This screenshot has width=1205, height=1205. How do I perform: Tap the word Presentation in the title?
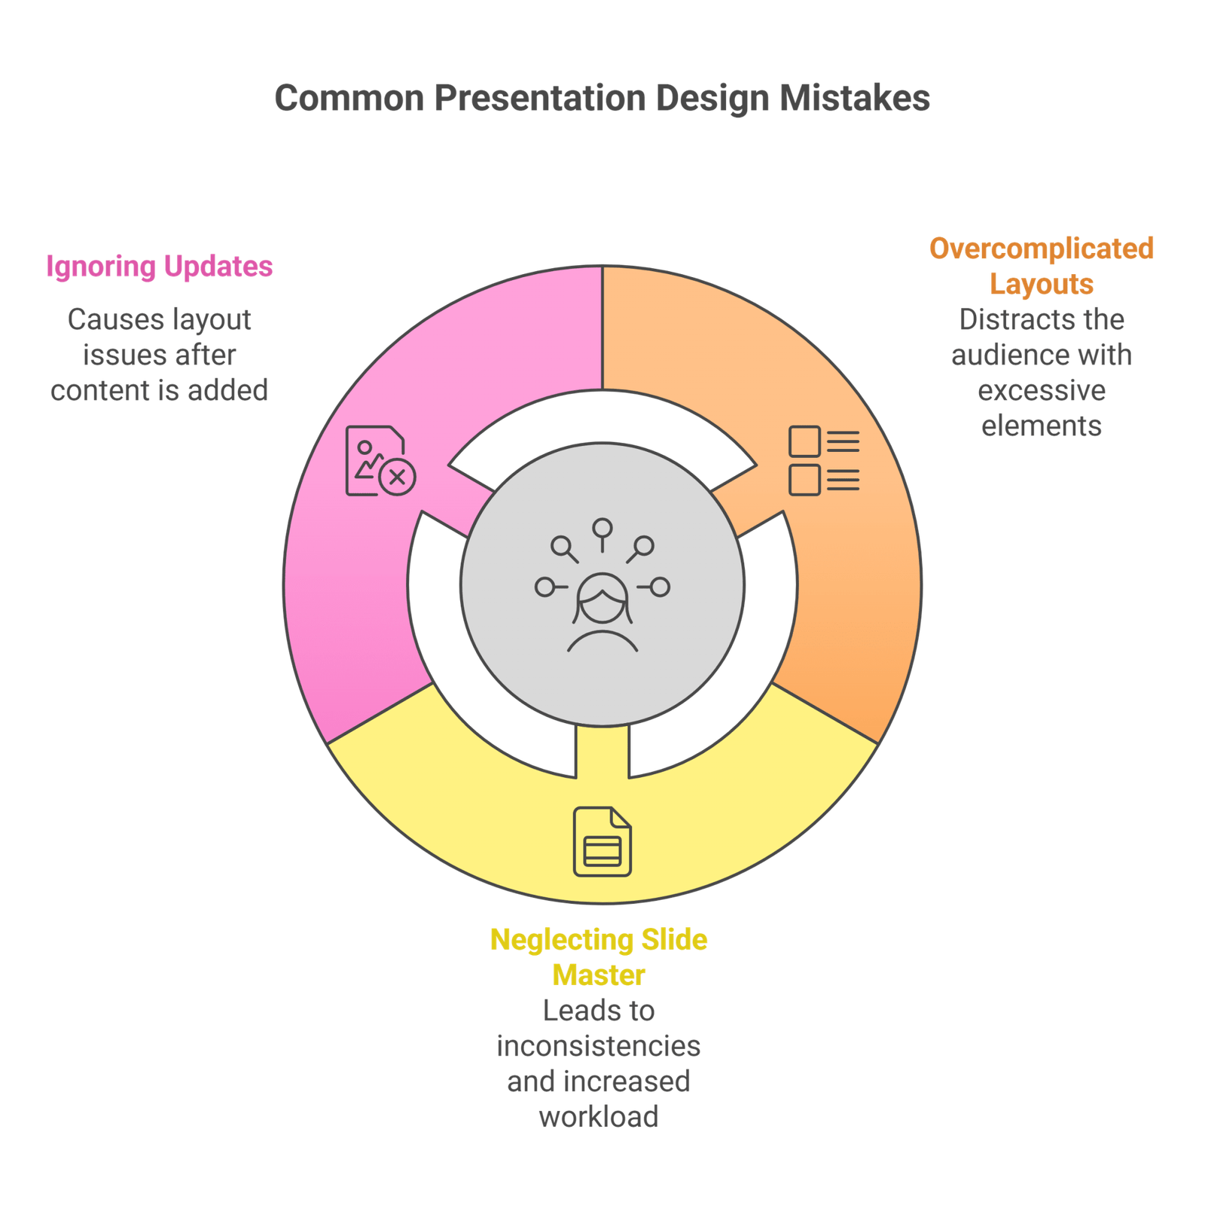coord(540,99)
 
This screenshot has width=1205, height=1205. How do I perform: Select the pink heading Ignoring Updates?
coord(159,267)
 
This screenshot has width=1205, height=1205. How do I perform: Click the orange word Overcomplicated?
coord(1041,249)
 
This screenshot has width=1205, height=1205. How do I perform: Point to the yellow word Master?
coord(599,975)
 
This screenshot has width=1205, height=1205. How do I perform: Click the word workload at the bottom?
coord(599,1116)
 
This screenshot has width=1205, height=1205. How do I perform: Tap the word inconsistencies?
coord(599,1045)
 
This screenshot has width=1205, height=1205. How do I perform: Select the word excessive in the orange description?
coord(1042,391)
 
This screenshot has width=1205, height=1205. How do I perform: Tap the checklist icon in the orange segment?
coord(824,461)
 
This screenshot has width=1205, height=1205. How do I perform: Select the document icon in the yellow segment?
coord(602,841)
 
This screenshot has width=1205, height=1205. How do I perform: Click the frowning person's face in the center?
coord(602,599)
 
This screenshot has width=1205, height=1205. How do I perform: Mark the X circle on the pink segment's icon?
coord(397,477)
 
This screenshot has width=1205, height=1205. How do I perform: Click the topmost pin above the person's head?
coord(602,528)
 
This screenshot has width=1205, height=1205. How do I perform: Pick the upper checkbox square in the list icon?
coord(804,441)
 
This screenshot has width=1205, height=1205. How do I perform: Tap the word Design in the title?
coord(712,99)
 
